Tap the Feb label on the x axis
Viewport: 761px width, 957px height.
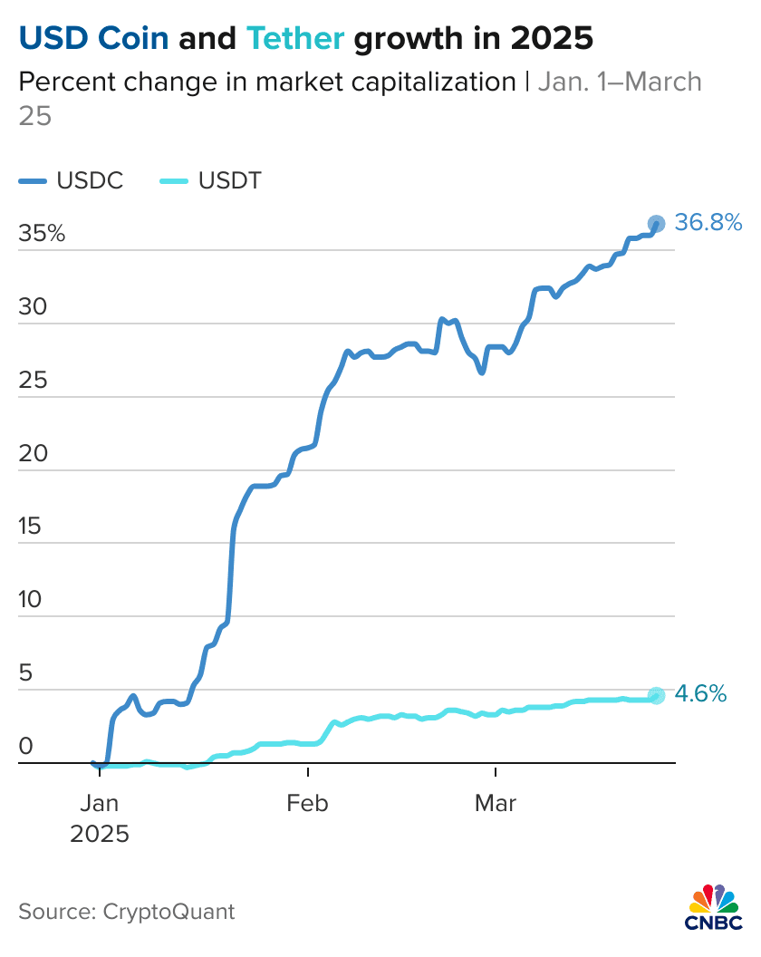point(309,803)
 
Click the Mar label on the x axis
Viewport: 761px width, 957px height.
point(496,803)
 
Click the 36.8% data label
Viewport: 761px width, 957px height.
point(708,222)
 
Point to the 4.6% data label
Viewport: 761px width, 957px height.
point(701,694)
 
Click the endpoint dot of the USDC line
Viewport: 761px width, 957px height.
point(656,223)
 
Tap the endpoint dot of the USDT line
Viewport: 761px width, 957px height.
point(657,695)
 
